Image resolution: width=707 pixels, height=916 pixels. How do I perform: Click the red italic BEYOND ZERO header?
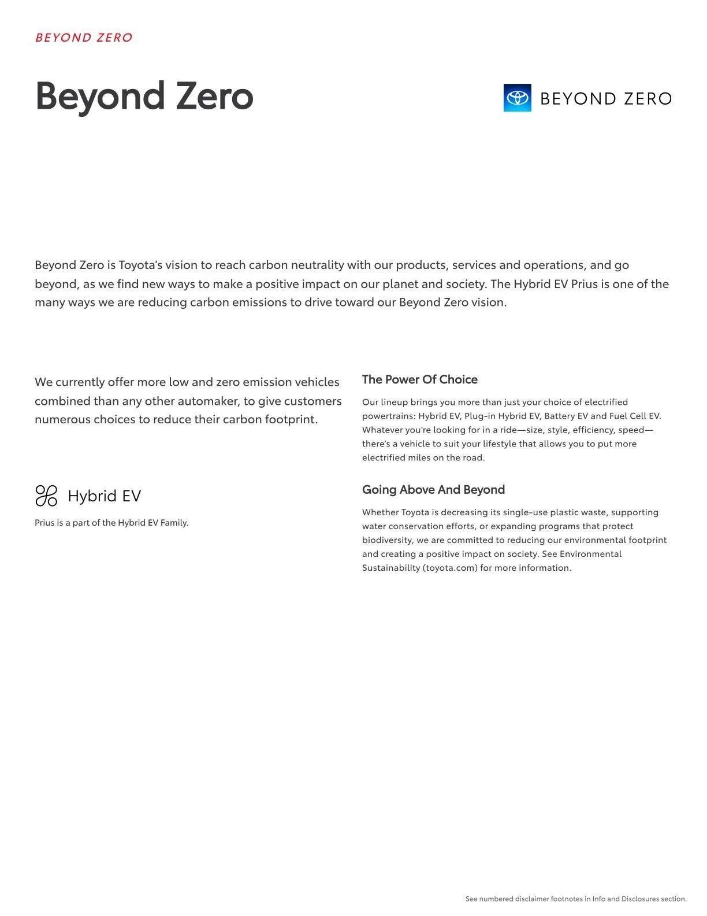click(84, 38)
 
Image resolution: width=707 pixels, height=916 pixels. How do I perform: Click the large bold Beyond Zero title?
click(144, 96)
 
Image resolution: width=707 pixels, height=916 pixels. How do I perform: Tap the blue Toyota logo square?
click(517, 98)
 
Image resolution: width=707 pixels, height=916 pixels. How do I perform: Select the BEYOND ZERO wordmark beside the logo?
click(606, 99)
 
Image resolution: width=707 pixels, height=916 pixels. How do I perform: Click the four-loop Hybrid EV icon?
click(46, 496)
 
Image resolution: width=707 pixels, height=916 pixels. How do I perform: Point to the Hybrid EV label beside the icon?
click(105, 496)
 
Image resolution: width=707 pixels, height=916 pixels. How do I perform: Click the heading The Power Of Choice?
click(420, 379)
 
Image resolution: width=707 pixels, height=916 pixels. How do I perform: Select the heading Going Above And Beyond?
click(433, 490)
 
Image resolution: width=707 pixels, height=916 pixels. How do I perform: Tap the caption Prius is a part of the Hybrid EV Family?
click(111, 523)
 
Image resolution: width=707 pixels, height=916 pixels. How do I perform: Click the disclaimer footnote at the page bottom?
click(576, 899)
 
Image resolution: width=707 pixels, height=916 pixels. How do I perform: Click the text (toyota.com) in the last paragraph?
click(450, 568)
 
